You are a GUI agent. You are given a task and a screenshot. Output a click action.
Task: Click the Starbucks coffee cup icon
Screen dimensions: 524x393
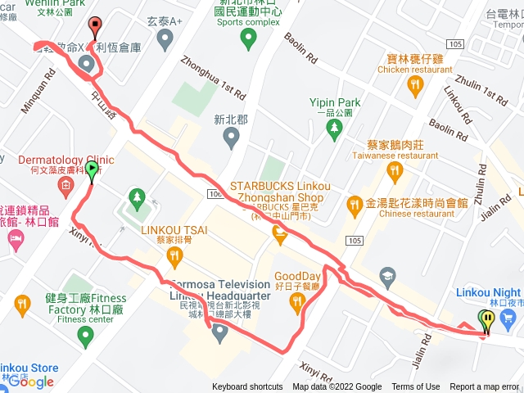pos(280,236)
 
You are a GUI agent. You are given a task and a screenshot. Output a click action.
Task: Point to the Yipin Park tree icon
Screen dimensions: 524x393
pos(334,129)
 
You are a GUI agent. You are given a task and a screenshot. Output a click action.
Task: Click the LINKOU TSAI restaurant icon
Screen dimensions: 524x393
pos(174,257)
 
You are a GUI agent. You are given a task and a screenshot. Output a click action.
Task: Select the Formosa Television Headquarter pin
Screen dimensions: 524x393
pos(219,332)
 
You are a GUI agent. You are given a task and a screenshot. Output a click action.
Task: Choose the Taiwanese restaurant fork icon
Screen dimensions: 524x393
pos(396,171)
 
